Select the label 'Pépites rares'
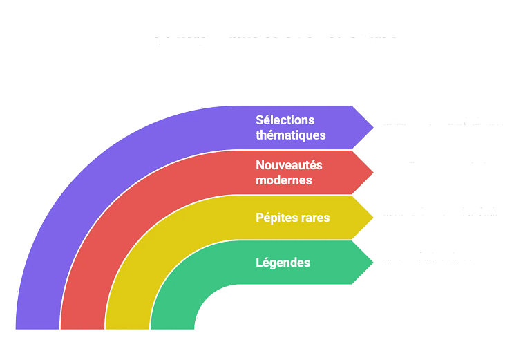click(292, 218)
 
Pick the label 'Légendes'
click(283, 263)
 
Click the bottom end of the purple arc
click(37, 325)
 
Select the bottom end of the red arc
click(82, 325)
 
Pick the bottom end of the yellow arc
click(127, 325)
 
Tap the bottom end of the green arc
click(172, 325)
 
